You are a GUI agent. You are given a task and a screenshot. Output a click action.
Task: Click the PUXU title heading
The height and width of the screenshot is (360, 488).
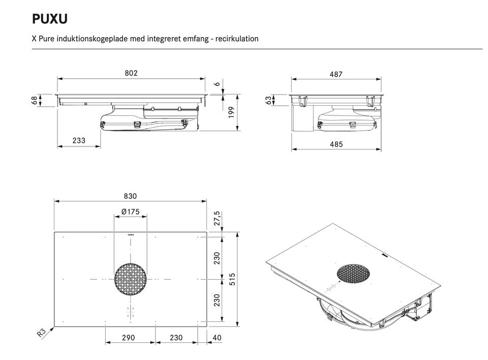(50, 19)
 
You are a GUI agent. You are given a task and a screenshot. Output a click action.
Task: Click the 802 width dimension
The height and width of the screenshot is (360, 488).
(131, 73)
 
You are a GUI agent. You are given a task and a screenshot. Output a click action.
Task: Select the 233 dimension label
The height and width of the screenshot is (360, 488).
(79, 140)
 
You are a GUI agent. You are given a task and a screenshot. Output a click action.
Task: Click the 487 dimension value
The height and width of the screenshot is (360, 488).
(336, 74)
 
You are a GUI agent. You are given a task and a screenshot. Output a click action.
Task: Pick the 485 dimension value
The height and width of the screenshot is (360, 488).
(336, 144)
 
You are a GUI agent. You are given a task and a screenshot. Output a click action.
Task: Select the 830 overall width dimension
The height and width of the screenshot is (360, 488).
(131, 196)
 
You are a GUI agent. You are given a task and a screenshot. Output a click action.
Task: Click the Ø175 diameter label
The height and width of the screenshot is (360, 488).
(130, 212)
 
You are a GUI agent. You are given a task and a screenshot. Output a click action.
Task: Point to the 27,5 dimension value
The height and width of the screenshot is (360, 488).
(217, 219)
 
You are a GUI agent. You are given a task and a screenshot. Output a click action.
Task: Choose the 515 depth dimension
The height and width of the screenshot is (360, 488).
(232, 279)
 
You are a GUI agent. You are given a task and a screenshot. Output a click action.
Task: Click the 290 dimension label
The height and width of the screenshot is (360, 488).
(129, 338)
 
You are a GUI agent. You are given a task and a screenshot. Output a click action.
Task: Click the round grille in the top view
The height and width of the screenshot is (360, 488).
(131, 279)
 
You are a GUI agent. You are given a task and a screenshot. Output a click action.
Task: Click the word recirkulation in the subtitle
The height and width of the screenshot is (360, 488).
(237, 39)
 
